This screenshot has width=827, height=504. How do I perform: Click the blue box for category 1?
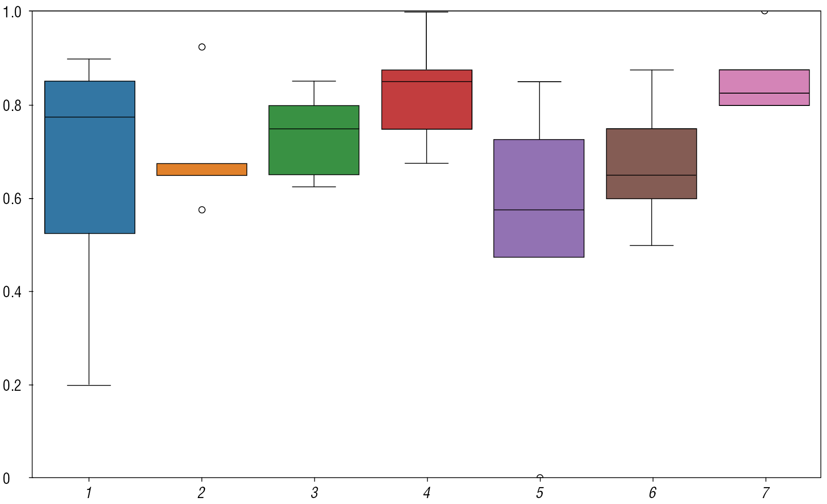click(x=90, y=173)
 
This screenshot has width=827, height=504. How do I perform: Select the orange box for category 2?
click(x=201, y=169)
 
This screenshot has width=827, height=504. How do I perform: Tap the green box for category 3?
click(x=314, y=151)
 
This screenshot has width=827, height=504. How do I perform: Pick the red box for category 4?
click(x=427, y=105)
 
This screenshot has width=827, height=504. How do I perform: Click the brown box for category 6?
click(x=652, y=151)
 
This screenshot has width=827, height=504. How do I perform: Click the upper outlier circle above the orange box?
click(x=202, y=47)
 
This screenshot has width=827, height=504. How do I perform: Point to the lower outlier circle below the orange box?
click(x=202, y=210)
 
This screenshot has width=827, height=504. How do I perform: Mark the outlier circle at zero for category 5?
click(x=540, y=478)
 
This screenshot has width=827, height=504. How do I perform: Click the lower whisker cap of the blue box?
click(x=89, y=385)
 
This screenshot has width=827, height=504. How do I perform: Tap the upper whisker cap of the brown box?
click(x=652, y=70)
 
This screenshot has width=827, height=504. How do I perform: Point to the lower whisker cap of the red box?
click(x=427, y=163)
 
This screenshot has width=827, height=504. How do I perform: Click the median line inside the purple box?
click(x=539, y=210)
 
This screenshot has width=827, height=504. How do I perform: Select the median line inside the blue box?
click(x=90, y=117)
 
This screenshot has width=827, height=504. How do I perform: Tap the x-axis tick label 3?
click(x=314, y=493)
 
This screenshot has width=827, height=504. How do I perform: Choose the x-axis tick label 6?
click(x=652, y=493)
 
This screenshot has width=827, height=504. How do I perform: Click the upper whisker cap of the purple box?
click(x=539, y=82)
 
